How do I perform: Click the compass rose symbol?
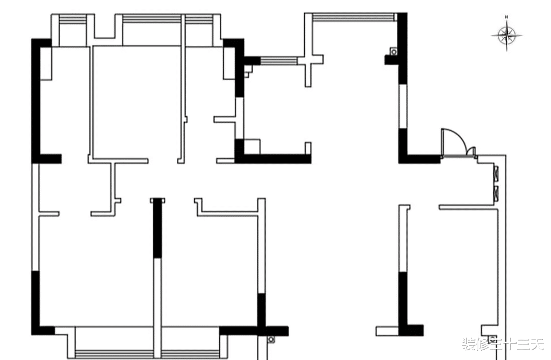[x=506, y=36]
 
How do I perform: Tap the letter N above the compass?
[x=506, y=18]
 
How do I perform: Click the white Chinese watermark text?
[x=502, y=344]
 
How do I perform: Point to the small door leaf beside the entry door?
[x=471, y=152]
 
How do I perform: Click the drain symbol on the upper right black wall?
[x=393, y=52]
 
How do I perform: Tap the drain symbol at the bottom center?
[x=271, y=340]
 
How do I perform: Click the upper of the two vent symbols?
[x=495, y=171]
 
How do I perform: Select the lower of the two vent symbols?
[x=495, y=192]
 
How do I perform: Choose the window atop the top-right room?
[x=354, y=17]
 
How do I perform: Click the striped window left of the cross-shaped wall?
[x=279, y=60]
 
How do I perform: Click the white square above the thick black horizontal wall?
[x=252, y=146]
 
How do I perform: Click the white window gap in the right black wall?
[x=403, y=107]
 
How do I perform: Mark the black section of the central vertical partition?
[x=157, y=229]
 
